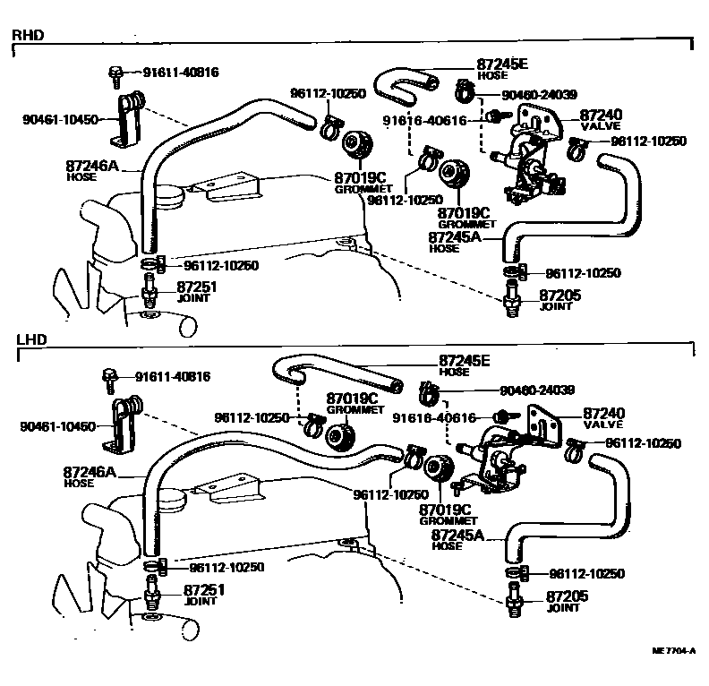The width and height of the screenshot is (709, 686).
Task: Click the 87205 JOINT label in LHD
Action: (561, 601)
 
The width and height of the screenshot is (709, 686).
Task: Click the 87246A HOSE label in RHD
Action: (90, 169)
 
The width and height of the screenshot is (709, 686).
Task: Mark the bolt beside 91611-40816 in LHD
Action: (109, 380)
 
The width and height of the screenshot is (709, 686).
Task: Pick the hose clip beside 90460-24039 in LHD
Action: (428, 390)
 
